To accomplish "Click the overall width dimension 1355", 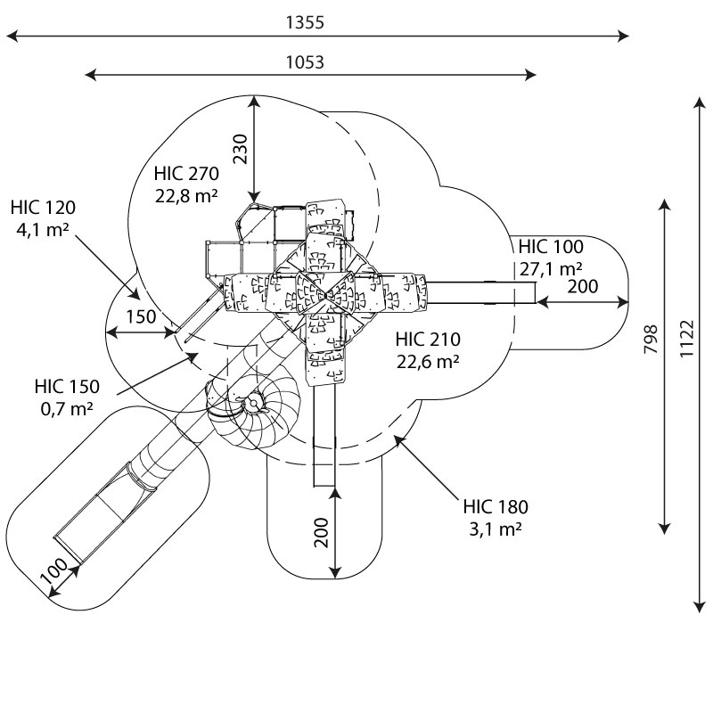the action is (305, 22).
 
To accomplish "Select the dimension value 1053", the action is (305, 62).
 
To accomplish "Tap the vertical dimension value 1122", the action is (687, 339).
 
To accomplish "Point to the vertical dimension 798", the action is (652, 339).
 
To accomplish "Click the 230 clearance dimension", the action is (240, 149).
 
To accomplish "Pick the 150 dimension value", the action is (141, 317).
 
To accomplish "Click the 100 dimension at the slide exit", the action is (54, 571).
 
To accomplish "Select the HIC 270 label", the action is (186, 173).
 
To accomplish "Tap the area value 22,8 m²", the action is (186, 196).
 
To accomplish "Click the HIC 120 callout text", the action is (43, 208).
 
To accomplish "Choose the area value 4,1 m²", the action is (43, 230).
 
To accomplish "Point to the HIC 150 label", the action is (67, 387).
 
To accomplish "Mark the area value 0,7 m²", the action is (67, 409).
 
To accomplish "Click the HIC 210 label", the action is (428, 340).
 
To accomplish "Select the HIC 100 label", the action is (551, 247).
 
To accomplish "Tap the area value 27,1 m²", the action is (551, 269).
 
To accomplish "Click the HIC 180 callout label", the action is (496, 506).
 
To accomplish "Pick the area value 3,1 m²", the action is (496, 529).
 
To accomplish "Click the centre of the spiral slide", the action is (253, 403).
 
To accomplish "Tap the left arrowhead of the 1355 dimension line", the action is (12, 36).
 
